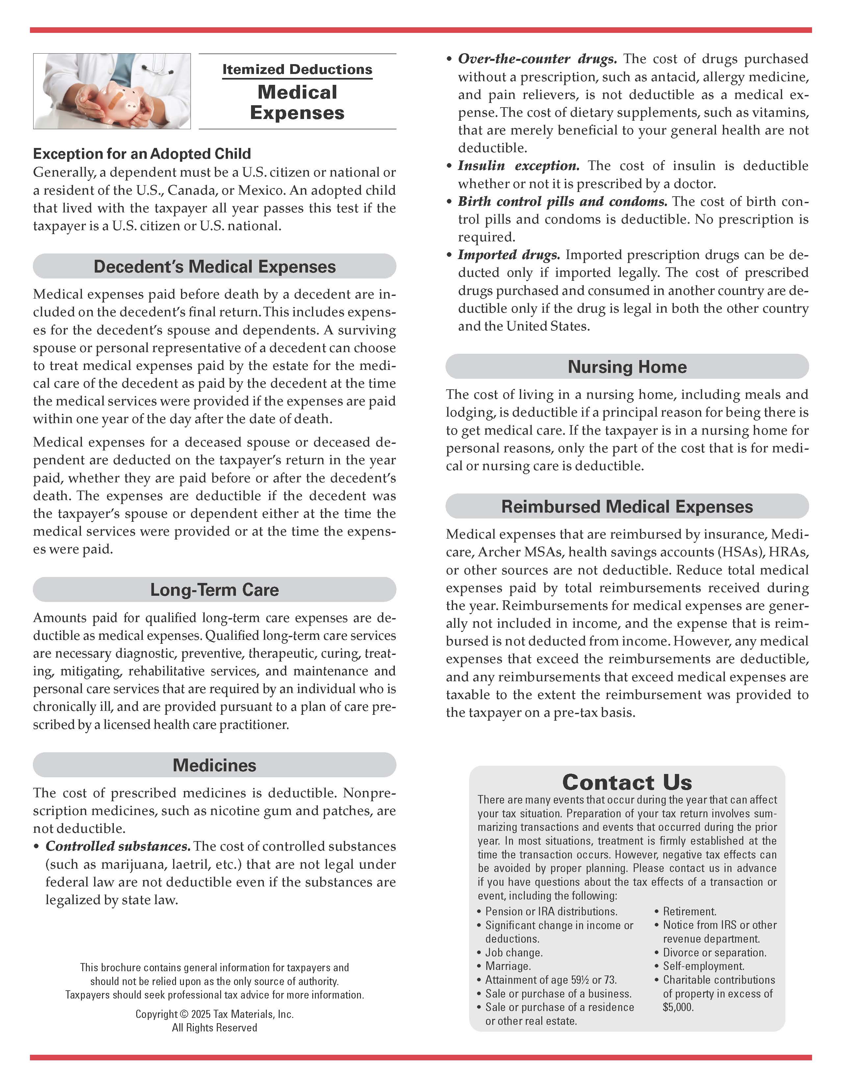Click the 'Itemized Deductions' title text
[x=297, y=70]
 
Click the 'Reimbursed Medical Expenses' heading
[x=627, y=506]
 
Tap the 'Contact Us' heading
[x=627, y=783]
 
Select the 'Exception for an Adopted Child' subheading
[x=142, y=154]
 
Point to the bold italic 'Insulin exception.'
[x=519, y=166]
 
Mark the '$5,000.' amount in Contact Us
[x=678, y=1007]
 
